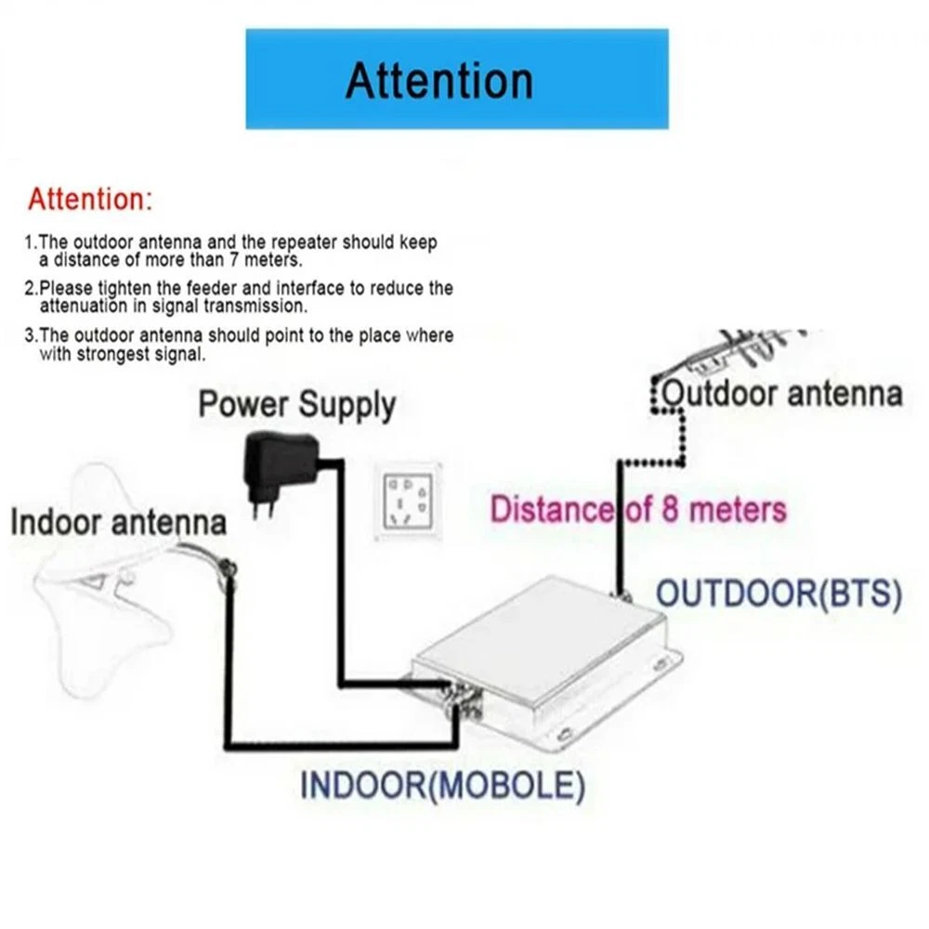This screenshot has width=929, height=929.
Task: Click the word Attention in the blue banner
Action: (439, 80)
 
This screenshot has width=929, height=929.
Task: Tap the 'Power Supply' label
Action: (297, 405)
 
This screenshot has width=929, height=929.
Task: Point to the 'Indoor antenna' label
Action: (118, 521)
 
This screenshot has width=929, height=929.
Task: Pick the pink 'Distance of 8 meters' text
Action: (638, 510)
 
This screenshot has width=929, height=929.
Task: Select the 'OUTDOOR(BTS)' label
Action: (779, 595)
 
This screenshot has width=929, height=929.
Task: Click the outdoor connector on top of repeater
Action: (620, 592)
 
